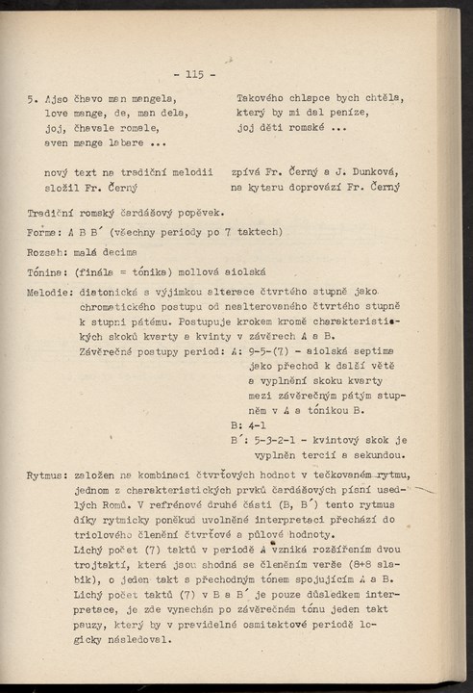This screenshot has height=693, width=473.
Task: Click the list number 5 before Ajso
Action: point(33,98)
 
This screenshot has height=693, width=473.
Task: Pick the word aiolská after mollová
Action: point(236,272)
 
